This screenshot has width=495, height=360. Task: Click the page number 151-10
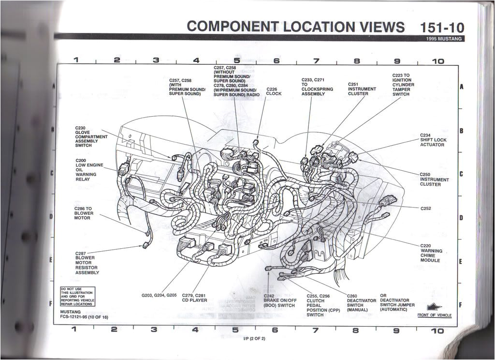[x=442, y=27]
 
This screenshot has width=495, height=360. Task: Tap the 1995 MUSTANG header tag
[x=445, y=39]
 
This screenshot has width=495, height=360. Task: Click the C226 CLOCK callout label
[x=274, y=91]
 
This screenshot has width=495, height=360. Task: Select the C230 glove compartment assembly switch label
[x=91, y=137]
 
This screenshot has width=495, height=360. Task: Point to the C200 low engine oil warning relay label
[x=89, y=169]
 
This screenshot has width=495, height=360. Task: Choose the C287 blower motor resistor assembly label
[x=87, y=263]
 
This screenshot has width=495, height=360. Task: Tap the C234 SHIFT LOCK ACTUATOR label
[x=433, y=140]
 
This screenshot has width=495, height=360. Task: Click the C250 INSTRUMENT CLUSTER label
[x=434, y=180]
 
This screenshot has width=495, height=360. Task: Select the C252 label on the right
[x=425, y=209]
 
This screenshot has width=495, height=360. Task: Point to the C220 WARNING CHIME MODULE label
[x=431, y=253]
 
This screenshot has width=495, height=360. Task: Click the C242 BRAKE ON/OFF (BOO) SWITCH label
[x=279, y=301]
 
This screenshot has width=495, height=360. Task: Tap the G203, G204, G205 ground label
[x=159, y=295]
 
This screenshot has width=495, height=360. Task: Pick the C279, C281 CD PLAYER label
[x=194, y=298]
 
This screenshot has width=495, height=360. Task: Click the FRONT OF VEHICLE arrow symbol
[x=435, y=306]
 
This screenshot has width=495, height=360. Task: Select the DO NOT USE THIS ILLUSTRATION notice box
[x=77, y=297]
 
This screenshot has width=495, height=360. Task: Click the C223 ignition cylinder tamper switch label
[x=403, y=85]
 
